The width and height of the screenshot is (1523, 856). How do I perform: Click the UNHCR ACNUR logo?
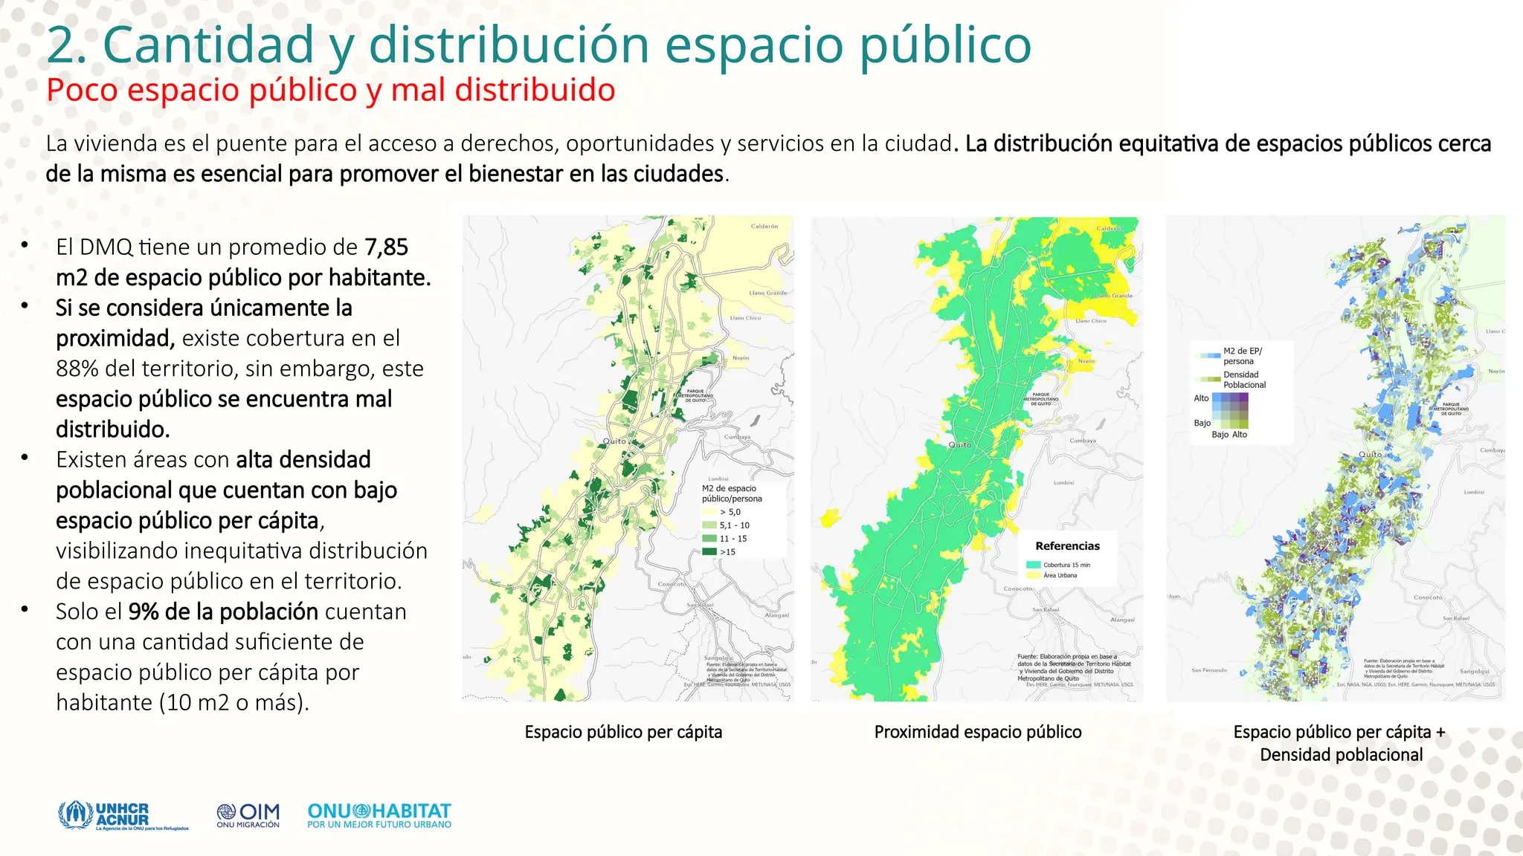click(x=123, y=815)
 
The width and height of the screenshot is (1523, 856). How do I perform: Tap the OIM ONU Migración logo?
click(x=248, y=815)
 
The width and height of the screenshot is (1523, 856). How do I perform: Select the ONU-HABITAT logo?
click(x=379, y=815)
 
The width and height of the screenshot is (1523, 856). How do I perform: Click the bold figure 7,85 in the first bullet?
click(x=386, y=247)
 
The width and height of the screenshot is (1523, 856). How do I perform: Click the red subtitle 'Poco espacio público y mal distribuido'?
click(x=330, y=91)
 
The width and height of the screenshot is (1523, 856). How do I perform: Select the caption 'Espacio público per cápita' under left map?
click(x=623, y=732)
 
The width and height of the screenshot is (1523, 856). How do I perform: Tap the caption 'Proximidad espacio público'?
click(x=977, y=732)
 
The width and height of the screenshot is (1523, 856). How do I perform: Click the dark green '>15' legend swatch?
click(x=709, y=551)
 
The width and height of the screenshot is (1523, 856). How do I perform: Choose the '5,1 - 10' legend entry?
click(x=734, y=525)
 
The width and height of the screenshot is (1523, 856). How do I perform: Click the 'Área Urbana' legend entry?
click(x=1060, y=575)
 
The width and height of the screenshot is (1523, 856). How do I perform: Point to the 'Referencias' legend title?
click(x=1067, y=546)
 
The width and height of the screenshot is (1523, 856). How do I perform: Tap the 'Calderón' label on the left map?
click(x=764, y=226)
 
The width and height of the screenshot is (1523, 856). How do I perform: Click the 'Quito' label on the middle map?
click(x=959, y=444)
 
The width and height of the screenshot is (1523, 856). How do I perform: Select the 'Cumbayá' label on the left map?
click(x=737, y=437)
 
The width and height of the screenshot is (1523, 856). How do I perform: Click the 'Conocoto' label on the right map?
click(x=1427, y=597)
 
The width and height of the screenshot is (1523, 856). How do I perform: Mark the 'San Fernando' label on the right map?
click(x=1209, y=670)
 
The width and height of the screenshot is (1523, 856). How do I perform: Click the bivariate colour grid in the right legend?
click(x=1230, y=410)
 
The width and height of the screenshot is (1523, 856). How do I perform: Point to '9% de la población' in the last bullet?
click(x=223, y=612)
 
